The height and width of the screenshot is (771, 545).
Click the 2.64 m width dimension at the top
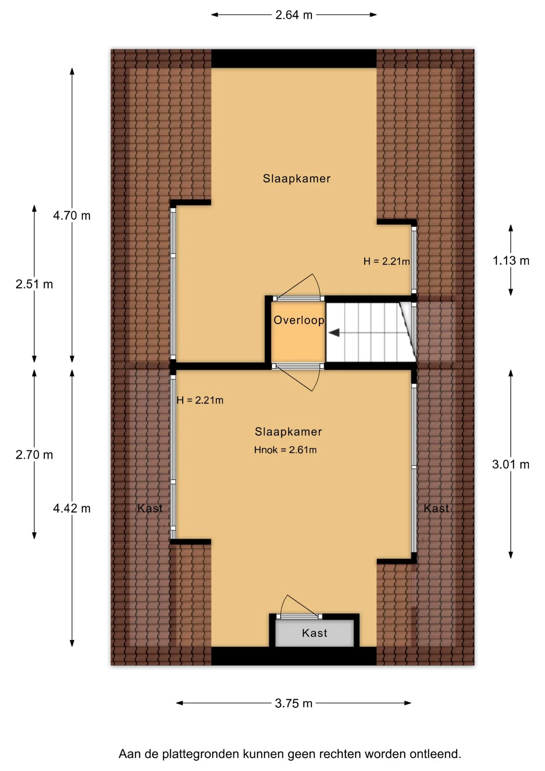pyautogui.click(x=294, y=15)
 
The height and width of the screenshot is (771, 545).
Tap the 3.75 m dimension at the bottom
pyautogui.click(x=293, y=703)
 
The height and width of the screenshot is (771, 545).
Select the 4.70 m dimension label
pyautogui.click(x=72, y=216)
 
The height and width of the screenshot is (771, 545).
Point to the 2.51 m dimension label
pyautogui.click(x=34, y=284)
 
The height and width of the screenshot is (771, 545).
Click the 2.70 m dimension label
pyautogui.click(x=34, y=455)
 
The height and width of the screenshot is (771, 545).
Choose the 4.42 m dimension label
pyautogui.click(x=72, y=508)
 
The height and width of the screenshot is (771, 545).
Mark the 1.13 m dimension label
pyautogui.click(x=511, y=261)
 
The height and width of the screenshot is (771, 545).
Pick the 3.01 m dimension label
pyautogui.click(x=511, y=464)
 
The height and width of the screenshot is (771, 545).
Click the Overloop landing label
pyautogui.click(x=299, y=320)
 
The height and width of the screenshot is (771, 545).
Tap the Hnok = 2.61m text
pyautogui.click(x=285, y=450)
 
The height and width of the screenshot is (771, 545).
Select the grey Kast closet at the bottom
pyautogui.click(x=315, y=633)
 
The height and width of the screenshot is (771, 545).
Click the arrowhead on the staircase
pyautogui.click(x=334, y=332)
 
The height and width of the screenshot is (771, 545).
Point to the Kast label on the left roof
pyautogui.click(x=150, y=508)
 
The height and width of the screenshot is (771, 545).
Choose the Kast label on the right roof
pyautogui.click(x=436, y=508)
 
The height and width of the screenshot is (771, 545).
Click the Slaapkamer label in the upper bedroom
pyautogui.click(x=297, y=179)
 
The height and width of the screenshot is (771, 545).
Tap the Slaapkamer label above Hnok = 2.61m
pyautogui.click(x=289, y=432)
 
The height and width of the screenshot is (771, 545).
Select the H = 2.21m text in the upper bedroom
pyautogui.click(x=386, y=261)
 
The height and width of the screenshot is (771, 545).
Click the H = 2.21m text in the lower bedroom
pyautogui.click(x=200, y=400)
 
